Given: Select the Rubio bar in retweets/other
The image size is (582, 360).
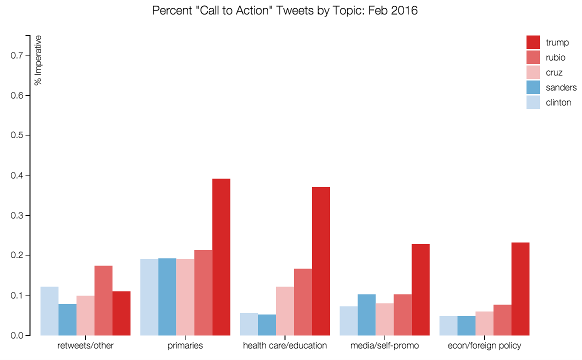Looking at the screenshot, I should pos(103,300).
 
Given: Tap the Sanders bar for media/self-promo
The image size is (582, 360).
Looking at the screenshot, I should pos(366,314).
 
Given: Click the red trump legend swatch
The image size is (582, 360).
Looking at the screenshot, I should pos(533,42).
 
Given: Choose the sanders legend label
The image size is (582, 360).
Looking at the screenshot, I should pos(561,87).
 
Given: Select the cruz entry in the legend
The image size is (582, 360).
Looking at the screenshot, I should pos(554,72).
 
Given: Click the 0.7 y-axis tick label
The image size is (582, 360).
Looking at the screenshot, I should pos(16,55).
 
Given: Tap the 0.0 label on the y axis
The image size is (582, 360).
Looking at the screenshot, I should pos(16,335).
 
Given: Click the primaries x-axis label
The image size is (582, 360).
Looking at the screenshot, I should pos(185,345).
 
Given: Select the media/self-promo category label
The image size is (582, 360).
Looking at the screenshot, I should pos(384,345).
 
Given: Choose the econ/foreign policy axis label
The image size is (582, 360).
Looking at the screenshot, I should pos(484,345).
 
